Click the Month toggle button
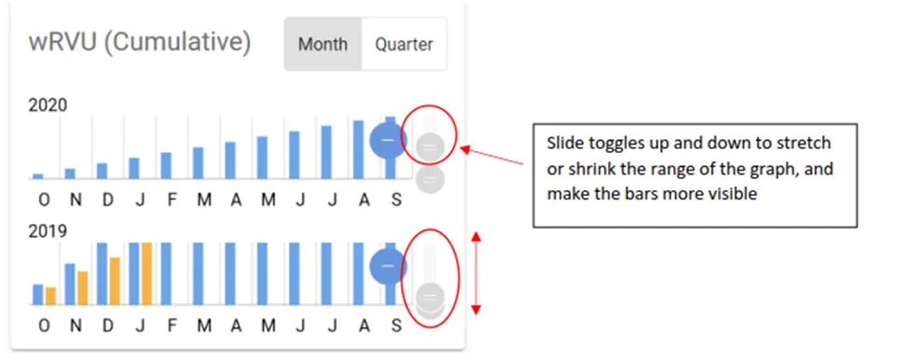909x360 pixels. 323,44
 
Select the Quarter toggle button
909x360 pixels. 404,44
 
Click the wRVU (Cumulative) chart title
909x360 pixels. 139,43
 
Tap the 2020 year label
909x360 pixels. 48,106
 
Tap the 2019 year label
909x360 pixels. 48,230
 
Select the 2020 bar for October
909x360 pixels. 38,175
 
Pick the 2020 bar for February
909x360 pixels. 166,165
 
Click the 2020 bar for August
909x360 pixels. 358,149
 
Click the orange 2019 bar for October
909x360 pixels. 51,296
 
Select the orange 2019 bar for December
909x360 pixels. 115,281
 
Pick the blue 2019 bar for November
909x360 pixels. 70,284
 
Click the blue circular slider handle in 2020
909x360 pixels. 388,141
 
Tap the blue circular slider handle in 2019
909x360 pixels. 388,267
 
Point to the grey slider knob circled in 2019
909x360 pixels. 430,298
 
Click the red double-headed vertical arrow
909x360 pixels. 476,272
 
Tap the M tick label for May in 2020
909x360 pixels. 269,199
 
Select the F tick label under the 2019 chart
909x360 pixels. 172,325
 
